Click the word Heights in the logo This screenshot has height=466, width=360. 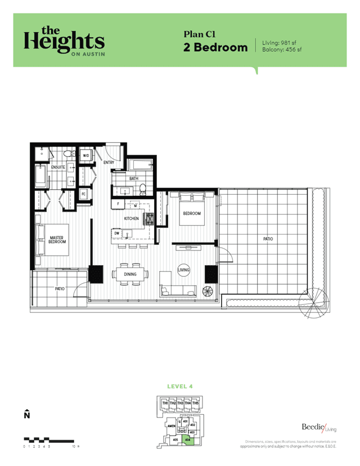(x=64, y=41)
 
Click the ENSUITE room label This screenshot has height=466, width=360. (x=58, y=167)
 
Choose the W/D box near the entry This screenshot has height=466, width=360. (x=86, y=155)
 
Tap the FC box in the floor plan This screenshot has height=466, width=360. (x=83, y=194)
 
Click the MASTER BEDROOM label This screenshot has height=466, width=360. (x=57, y=239)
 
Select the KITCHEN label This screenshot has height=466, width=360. (x=132, y=218)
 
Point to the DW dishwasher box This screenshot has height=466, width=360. (x=117, y=232)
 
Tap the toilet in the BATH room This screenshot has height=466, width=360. (x=143, y=189)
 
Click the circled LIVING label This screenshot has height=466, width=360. (x=184, y=270)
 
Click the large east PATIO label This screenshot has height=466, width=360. (x=268, y=239)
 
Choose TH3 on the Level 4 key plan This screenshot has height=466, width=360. (x=180, y=404)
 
